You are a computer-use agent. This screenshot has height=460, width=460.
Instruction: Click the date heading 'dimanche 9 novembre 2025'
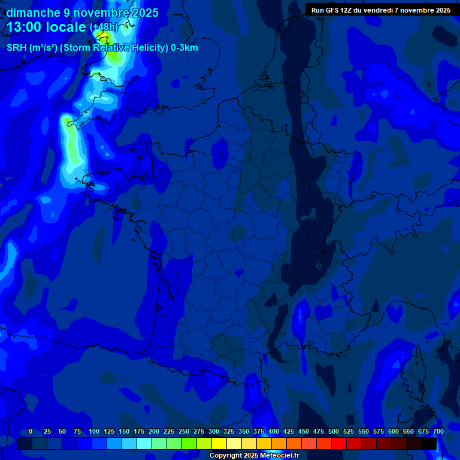click(x=82, y=13)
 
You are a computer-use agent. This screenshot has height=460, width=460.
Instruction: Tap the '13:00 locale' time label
click(x=47, y=27)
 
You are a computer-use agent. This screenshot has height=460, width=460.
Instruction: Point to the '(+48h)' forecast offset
click(x=104, y=28)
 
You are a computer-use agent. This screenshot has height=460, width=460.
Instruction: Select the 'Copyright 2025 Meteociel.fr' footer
click(x=254, y=455)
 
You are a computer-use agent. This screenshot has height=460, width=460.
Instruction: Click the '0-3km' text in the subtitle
click(x=184, y=48)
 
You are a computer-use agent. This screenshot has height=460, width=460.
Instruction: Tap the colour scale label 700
click(x=438, y=431)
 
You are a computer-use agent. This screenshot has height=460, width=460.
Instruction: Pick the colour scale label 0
click(x=31, y=431)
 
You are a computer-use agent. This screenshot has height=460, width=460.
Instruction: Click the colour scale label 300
click(x=214, y=431)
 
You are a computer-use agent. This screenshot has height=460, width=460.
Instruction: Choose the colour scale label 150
click(x=124, y=431)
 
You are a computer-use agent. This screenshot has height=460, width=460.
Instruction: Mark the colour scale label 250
click(x=184, y=431)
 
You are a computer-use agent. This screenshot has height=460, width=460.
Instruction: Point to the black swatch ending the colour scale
click(x=429, y=443)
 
